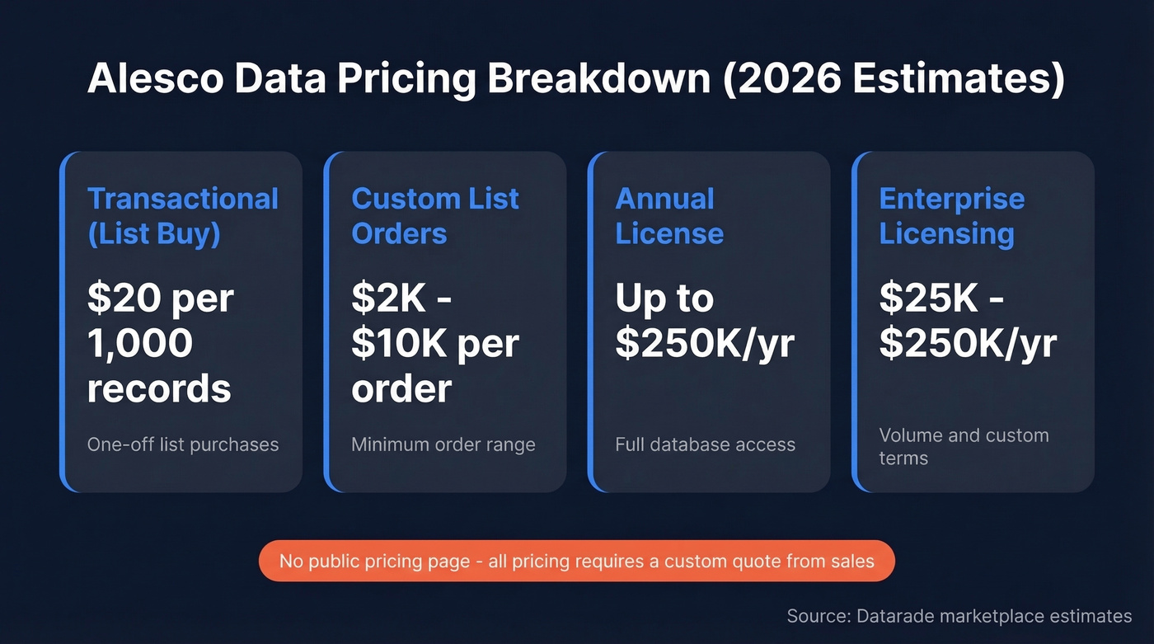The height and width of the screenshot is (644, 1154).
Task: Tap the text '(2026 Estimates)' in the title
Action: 894,79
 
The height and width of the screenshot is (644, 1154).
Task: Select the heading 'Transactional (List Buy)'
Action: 182,216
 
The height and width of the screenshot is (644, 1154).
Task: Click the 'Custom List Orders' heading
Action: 435,216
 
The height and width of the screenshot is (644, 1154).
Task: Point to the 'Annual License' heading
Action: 669,216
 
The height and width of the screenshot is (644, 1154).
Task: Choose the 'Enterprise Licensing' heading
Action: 951,216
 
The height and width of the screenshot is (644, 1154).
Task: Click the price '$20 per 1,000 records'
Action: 161,343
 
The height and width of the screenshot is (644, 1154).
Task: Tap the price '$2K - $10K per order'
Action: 434,343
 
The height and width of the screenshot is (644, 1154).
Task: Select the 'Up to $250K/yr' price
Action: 705,321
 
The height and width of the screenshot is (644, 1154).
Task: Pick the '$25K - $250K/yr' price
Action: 968,321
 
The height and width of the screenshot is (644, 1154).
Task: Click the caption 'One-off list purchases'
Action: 183,444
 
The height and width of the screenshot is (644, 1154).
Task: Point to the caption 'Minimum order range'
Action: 443,444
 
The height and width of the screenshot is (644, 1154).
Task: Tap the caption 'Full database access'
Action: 705,444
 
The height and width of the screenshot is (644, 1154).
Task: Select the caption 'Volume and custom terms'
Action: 963,446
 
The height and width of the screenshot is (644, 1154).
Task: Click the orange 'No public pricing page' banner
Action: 576,562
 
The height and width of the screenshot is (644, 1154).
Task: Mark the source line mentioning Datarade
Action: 959,616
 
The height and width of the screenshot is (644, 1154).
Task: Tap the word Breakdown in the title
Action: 598,79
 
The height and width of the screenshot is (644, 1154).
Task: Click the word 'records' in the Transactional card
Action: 159,388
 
